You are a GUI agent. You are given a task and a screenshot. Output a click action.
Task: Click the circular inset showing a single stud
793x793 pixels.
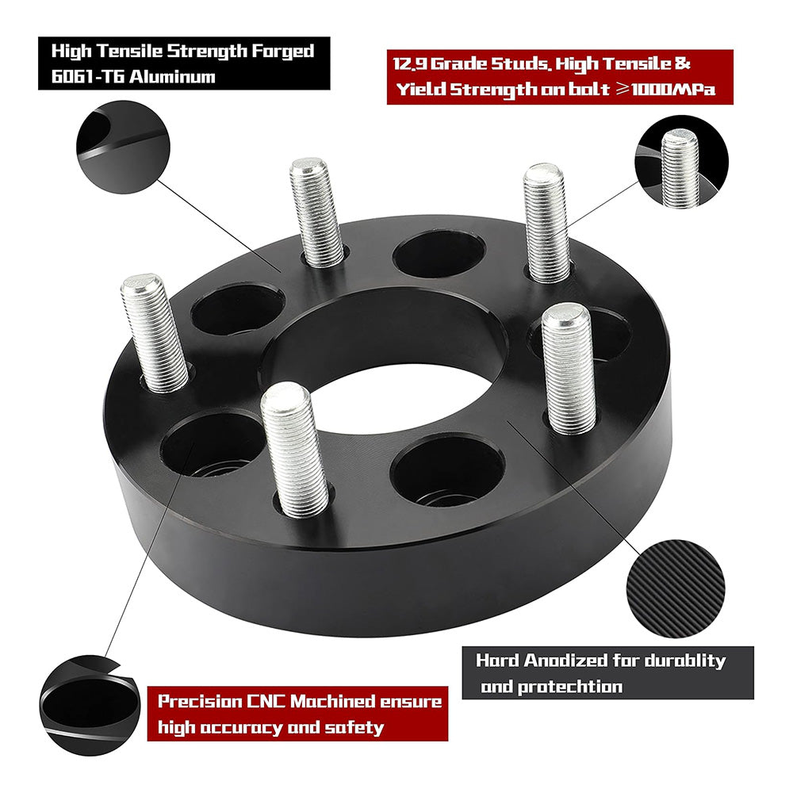point(679,164)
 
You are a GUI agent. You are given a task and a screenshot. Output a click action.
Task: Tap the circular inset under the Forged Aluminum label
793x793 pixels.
point(124,150)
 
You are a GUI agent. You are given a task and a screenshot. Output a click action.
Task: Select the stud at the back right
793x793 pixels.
point(546,222)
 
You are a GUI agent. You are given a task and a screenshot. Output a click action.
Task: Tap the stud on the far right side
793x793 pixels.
point(568,366)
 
